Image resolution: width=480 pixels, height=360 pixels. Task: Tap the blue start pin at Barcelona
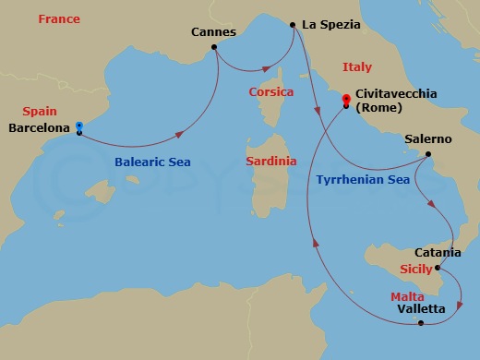[x=79, y=126]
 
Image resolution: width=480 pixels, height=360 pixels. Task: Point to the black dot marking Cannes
[x=214, y=47]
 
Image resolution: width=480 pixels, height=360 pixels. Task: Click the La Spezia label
[x=330, y=25]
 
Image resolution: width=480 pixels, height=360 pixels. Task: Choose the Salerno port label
[x=428, y=139]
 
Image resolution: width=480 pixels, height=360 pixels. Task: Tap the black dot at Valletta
[x=421, y=323]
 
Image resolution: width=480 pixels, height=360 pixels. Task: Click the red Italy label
[x=356, y=67]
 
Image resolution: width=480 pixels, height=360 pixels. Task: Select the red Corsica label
[x=271, y=92]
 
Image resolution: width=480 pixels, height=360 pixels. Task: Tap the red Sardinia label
[x=271, y=161]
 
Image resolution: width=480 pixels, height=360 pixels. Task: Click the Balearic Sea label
[x=152, y=162]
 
